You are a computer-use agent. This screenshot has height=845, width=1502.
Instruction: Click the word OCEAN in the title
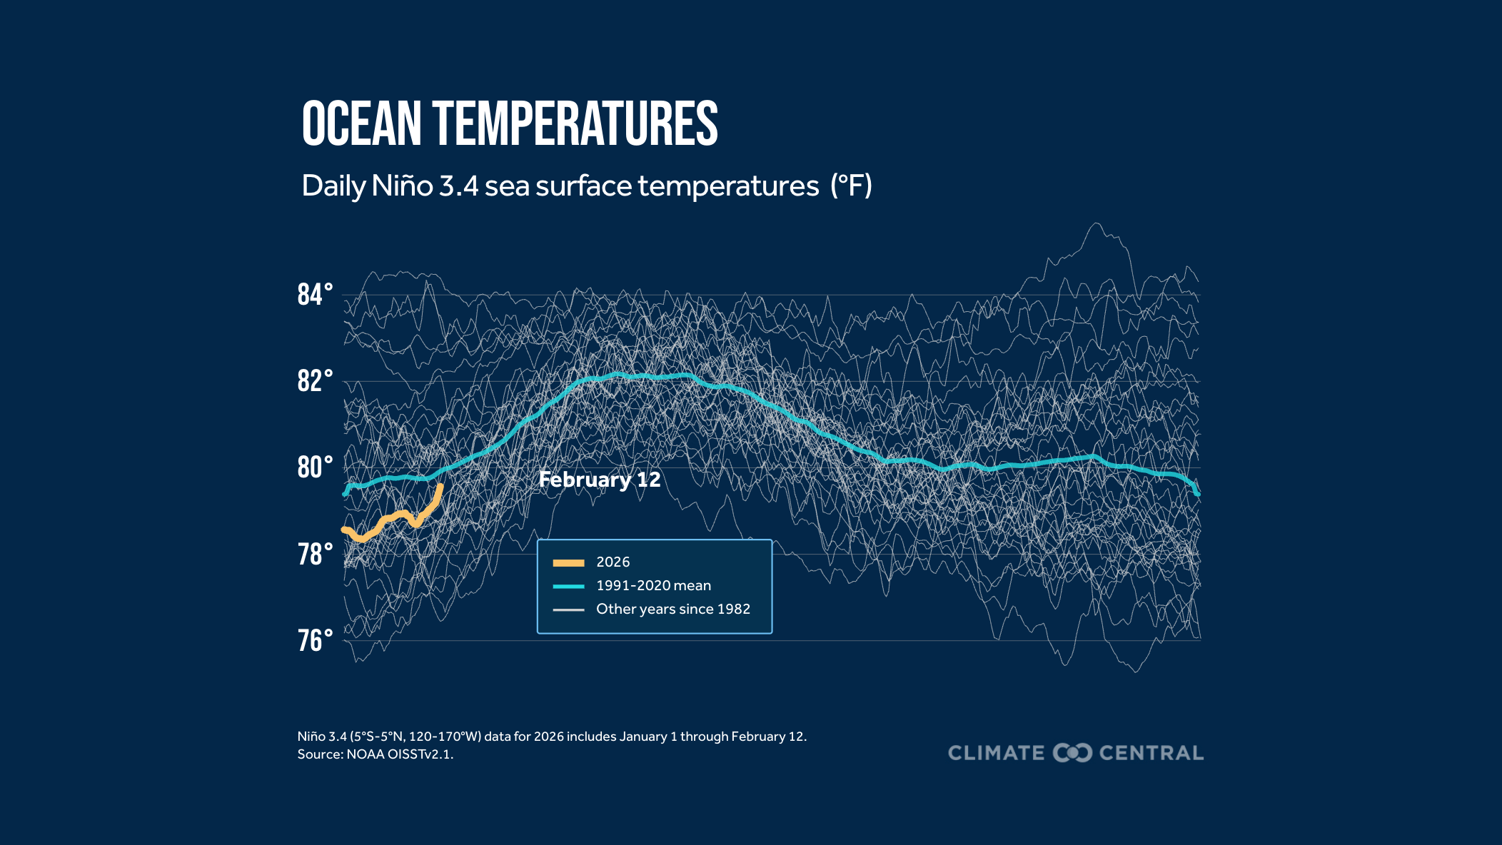pos(362,124)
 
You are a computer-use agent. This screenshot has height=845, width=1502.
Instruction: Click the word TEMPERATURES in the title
pos(575,124)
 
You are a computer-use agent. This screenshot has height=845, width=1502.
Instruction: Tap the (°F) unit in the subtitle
pos(851,186)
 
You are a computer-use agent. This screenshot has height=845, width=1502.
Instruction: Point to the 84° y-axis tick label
pos(315,295)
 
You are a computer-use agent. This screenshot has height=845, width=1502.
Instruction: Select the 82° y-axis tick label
pos(315,381)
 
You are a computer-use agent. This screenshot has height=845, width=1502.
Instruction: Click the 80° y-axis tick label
pos(315,467)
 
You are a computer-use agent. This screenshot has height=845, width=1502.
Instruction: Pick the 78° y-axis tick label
pos(315,555)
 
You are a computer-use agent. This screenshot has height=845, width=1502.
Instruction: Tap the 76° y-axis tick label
pos(315,641)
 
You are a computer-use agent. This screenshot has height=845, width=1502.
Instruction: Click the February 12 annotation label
pos(600,480)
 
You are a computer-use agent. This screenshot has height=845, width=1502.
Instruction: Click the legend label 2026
pos(613,562)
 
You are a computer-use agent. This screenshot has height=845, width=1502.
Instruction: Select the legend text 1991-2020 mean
pos(653,586)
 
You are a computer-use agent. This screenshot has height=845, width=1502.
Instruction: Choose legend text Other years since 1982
pos(673,609)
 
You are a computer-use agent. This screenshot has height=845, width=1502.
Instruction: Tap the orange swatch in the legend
pos(568,563)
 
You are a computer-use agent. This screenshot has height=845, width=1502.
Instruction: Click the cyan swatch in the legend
pos(568,587)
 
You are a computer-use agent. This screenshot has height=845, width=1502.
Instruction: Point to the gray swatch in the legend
pos(568,610)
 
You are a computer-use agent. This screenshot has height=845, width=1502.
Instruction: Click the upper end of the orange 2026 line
pos(440,487)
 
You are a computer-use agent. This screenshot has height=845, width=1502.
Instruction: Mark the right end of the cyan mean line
pos(1197,493)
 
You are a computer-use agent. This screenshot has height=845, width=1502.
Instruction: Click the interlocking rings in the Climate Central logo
pos(1072,753)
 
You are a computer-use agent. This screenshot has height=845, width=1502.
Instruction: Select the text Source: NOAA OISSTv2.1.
pos(375,754)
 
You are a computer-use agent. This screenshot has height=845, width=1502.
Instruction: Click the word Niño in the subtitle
pos(402,186)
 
